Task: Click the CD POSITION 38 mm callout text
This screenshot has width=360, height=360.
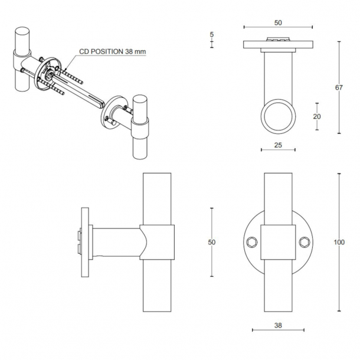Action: [x=113, y=51]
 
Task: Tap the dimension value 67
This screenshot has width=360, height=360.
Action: [x=339, y=87]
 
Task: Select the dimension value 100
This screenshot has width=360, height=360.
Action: [x=339, y=242]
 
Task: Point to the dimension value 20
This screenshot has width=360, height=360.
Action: [x=317, y=116]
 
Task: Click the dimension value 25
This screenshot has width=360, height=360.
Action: [x=278, y=145]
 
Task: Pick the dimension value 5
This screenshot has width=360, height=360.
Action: [x=212, y=34]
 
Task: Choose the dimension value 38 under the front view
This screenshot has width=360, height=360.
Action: [x=278, y=325]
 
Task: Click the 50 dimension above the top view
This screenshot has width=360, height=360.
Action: [x=278, y=23]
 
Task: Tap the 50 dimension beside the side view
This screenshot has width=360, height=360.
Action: [x=212, y=242]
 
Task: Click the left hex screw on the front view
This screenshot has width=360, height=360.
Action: [x=251, y=242]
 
